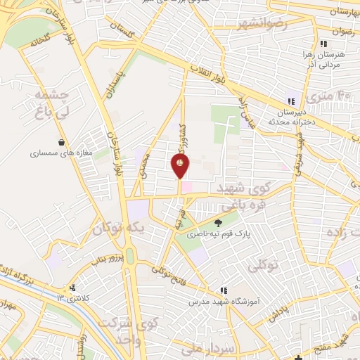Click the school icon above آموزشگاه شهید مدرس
tap(223, 290)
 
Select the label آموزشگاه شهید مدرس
tap(223, 301)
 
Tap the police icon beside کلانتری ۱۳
tap(72, 288)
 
